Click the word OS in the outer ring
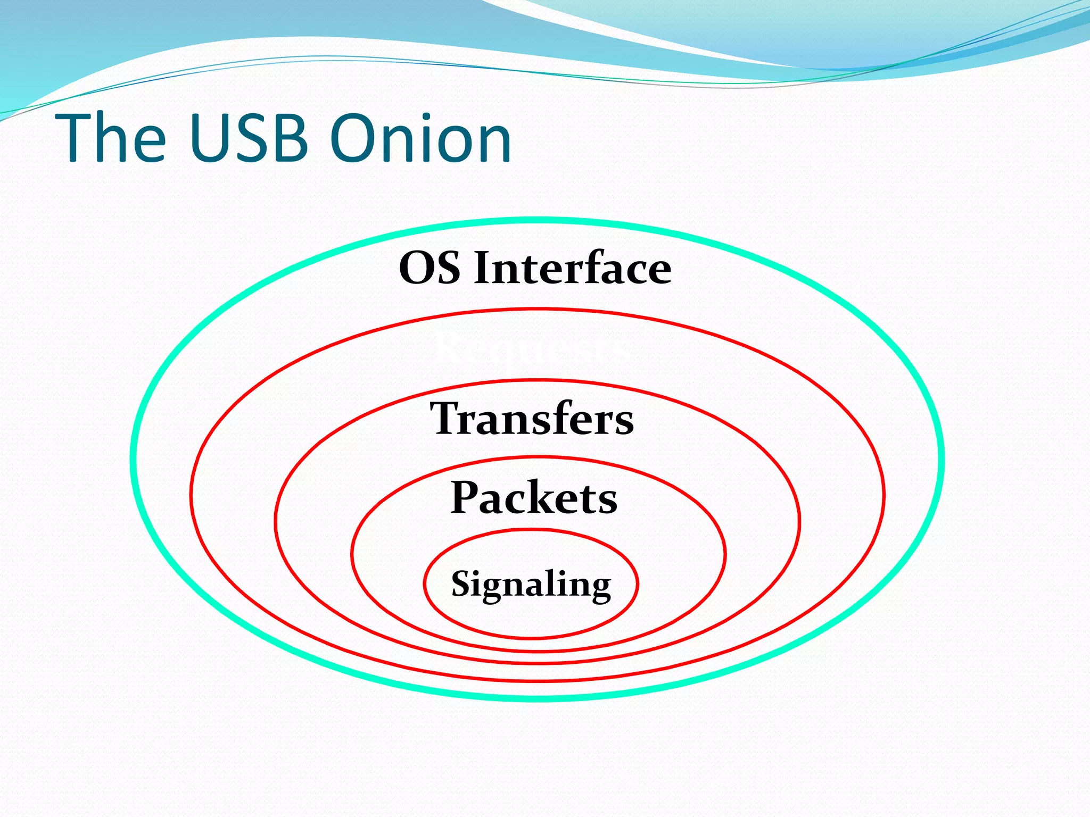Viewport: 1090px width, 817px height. tap(430, 268)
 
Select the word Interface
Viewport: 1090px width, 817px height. tap(573, 268)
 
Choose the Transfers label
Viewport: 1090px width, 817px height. tap(532, 419)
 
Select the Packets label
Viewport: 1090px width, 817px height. tap(534, 497)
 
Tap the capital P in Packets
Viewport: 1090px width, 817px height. tap(466, 497)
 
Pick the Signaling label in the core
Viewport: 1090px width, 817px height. tap(531, 584)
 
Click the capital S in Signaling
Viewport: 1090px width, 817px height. tap(462, 583)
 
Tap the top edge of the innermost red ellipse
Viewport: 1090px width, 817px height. tap(531, 530)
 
